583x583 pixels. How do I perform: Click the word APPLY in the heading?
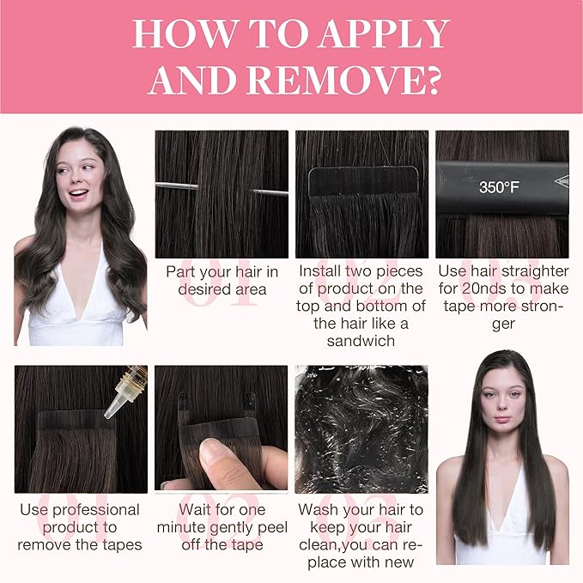click(385, 35)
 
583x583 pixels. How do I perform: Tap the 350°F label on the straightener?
click(499, 186)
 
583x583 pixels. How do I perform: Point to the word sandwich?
click(361, 341)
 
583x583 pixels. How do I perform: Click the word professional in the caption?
click(96, 511)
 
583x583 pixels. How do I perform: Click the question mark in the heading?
click(432, 81)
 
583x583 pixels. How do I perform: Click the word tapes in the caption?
click(122, 545)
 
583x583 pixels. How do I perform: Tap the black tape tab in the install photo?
click(363, 181)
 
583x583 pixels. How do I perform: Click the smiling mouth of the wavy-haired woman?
click(79, 193)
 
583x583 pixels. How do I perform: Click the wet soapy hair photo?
click(361, 429)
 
